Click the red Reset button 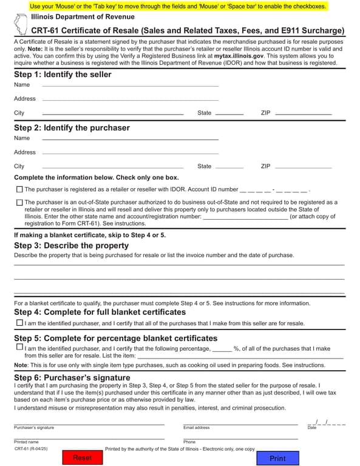(x=83, y=458)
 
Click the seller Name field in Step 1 (x=130, y=85)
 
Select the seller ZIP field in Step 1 (x=303, y=113)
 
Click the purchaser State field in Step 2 (x=229, y=166)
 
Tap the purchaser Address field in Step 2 (x=130, y=152)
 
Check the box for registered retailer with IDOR (x=19, y=189)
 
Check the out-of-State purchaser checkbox (x=19, y=202)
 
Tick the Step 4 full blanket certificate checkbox (x=20, y=323)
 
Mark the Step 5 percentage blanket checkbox (x=20, y=348)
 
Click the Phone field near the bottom (x=240, y=437)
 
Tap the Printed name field (x=89, y=437)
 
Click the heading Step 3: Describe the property (x=71, y=246)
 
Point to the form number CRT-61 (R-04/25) (x=31, y=448)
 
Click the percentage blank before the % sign (x=222, y=349)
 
